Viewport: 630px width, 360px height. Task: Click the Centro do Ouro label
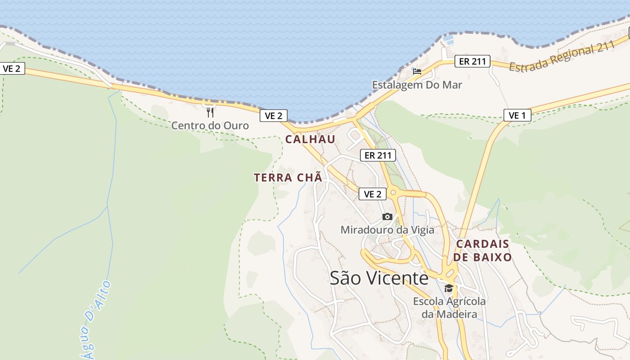pos(210,125)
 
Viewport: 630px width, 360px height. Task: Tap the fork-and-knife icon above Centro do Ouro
pos(210,112)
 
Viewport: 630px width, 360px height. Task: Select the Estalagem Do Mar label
pos(417,85)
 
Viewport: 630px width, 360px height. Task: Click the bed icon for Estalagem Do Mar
pos(417,71)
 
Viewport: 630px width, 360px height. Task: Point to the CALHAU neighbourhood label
pos(310,139)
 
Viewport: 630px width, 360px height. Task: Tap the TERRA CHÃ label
pos(288,178)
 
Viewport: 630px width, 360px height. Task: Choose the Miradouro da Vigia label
pos(387,230)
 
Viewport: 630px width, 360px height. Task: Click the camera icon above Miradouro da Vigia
pos(387,217)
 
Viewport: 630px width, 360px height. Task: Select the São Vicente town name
pos(379,278)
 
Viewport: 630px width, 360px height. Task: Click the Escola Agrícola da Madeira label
pos(449,307)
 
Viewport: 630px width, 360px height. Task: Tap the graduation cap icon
pos(449,288)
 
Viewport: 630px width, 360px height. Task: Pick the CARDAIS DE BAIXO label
pos(482,251)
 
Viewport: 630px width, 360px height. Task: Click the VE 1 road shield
pos(517,115)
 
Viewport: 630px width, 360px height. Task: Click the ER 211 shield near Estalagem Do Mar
pos(472,61)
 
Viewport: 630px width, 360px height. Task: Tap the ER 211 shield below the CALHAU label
pos(378,155)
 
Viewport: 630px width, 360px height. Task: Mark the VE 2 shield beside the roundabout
pos(372,194)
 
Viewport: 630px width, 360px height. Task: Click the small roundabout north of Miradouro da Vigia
pos(394,193)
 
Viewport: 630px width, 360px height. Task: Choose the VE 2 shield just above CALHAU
pos(273,116)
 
